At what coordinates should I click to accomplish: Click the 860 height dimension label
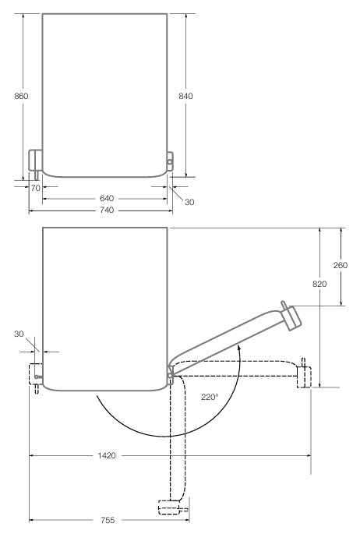tap(21, 96)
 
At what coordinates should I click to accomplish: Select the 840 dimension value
tap(185, 96)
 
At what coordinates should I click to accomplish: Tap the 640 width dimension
tap(107, 198)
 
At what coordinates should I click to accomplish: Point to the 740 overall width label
tap(107, 210)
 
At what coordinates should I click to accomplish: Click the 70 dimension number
tap(35, 188)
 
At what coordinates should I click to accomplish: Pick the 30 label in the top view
tap(189, 202)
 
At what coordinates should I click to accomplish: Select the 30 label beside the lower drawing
tap(19, 334)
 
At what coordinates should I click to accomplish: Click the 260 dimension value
tap(341, 265)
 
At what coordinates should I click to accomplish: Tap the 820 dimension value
tap(319, 284)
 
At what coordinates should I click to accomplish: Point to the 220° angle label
tap(210, 397)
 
